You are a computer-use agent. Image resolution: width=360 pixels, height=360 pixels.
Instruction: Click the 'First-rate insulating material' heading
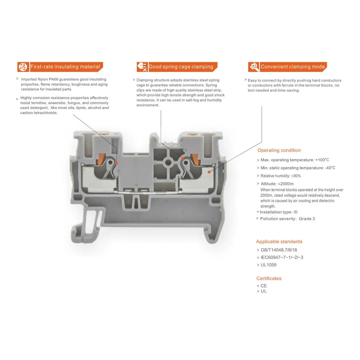click(65, 67)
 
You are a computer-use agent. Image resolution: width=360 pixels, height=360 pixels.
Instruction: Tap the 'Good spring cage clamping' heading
click(181, 67)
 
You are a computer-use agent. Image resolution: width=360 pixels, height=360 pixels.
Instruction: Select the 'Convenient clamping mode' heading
click(293, 67)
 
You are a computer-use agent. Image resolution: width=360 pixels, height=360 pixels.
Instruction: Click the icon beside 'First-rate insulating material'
click(23, 67)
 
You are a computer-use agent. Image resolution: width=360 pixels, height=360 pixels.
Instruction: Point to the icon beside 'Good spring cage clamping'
click(142, 67)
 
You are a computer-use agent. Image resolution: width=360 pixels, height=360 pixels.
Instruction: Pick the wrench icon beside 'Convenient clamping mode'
click(254, 67)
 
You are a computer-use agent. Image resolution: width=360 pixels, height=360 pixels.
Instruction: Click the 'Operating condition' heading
click(279, 150)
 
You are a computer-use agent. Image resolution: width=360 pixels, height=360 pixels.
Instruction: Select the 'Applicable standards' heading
click(279, 242)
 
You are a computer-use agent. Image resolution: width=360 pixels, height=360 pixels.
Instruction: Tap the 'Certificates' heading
click(269, 278)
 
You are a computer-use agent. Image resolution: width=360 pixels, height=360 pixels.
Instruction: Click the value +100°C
click(322, 160)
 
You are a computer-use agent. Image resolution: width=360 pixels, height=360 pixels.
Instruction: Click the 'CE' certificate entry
click(264, 286)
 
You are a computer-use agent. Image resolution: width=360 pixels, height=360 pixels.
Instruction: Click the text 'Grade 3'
click(307, 219)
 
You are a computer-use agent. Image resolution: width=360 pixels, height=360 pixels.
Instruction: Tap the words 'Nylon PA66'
click(46, 79)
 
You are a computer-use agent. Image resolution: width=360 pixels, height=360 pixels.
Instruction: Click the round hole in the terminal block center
click(168, 163)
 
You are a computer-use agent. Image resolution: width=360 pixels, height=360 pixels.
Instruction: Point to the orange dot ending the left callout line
click(117, 163)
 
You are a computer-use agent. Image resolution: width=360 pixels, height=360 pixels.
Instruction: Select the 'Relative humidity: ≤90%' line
click(281, 176)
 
